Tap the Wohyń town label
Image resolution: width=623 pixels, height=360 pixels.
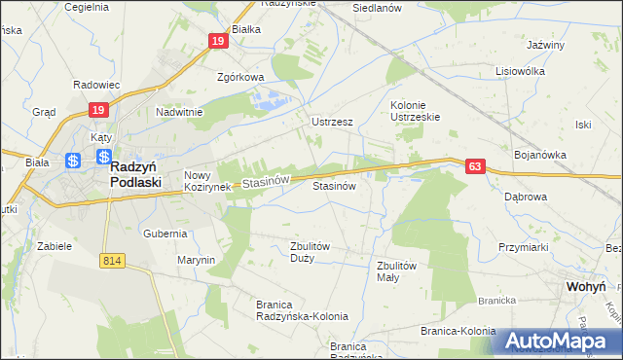(585, 287)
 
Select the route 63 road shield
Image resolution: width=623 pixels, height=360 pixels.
(474, 167)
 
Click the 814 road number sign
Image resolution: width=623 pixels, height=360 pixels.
(110, 261)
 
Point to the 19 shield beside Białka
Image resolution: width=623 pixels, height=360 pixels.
(217, 41)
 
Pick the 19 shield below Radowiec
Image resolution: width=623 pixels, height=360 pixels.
(97, 112)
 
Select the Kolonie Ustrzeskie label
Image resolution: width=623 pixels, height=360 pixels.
(416, 111)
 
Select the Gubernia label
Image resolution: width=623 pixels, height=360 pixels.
(165, 234)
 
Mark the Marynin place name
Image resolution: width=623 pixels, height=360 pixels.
(196, 261)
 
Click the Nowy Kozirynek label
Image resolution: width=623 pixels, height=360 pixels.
(206, 180)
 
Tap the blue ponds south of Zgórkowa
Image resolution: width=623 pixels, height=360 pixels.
(271, 98)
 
